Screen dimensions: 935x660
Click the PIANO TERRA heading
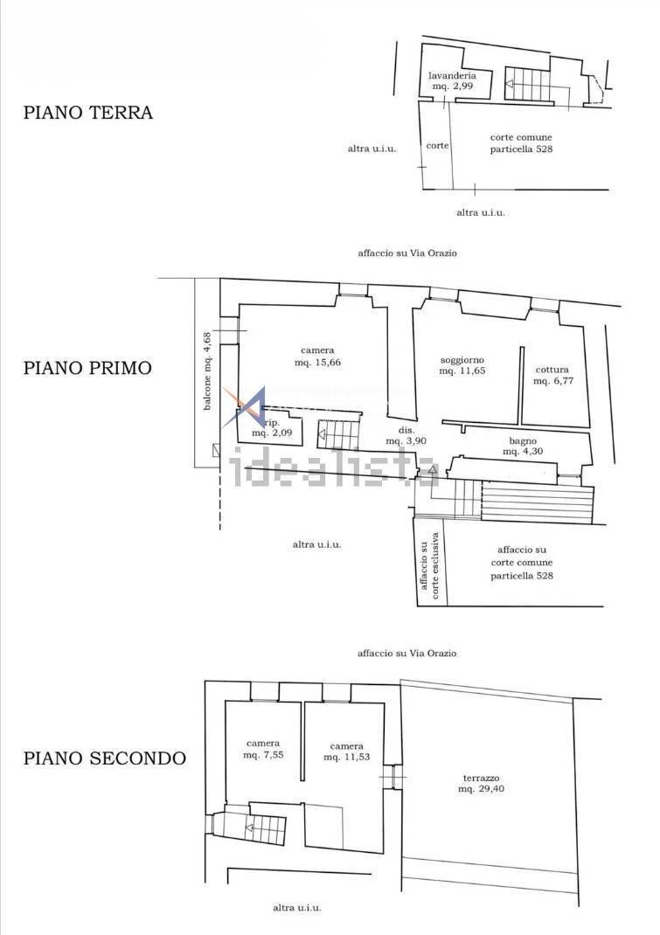pos(87,113)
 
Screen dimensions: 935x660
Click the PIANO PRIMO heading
pos(87,368)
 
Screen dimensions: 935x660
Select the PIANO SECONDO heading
pos(104,758)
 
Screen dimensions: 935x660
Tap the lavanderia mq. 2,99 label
pos(452,81)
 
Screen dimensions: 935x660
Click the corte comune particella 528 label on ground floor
pos(521,143)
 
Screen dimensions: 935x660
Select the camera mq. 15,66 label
pos(317,357)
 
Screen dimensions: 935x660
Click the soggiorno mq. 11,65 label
pos(462,365)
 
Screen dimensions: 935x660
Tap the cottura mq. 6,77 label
pos(552,375)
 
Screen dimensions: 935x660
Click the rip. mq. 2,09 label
pos(272,427)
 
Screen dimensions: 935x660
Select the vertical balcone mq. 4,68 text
pos(207,371)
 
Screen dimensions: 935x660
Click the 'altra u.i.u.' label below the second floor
pos(297,908)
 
